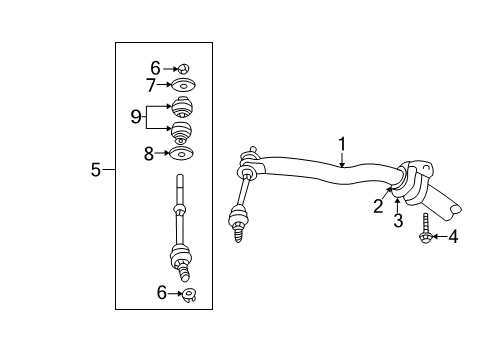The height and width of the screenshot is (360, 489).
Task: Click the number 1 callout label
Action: pyautogui.click(x=341, y=145)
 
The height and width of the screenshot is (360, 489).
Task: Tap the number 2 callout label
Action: pyautogui.click(x=378, y=207)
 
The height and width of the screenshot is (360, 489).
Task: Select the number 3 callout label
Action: pyautogui.click(x=397, y=219)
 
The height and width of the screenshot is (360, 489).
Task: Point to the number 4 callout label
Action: pyautogui.click(x=453, y=237)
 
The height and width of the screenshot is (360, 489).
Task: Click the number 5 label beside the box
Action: pyautogui.click(x=96, y=170)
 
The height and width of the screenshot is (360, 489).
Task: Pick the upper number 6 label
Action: pyautogui.click(x=156, y=67)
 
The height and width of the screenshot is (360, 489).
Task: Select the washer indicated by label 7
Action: pyautogui.click(x=183, y=85)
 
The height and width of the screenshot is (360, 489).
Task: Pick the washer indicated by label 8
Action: pyautogui.click(x=183, y=154)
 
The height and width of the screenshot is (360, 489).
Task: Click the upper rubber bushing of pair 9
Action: pyautogui.click(x=183, y=108)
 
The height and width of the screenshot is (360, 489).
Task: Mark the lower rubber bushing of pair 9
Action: pyautogui.click(x=183, y=132)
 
